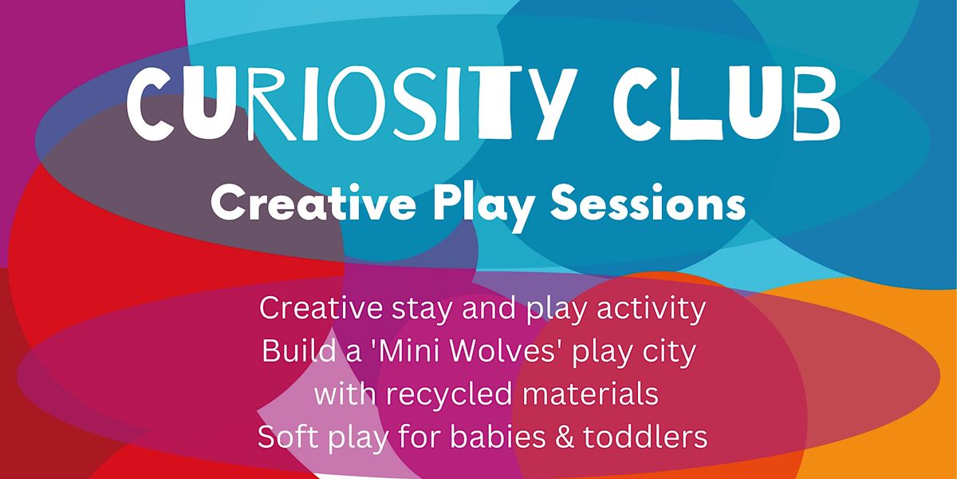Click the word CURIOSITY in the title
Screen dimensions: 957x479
[349, 104]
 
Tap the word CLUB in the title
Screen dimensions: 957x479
[727, 103]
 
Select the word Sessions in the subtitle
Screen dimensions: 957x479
[648, 203]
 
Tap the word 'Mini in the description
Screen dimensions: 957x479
[405, 351]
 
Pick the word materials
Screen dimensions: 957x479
[590, 394]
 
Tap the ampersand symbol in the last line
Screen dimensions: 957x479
[564, 437]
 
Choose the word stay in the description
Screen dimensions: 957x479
[422, 310]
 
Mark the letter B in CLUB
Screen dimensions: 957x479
[817, 104]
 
